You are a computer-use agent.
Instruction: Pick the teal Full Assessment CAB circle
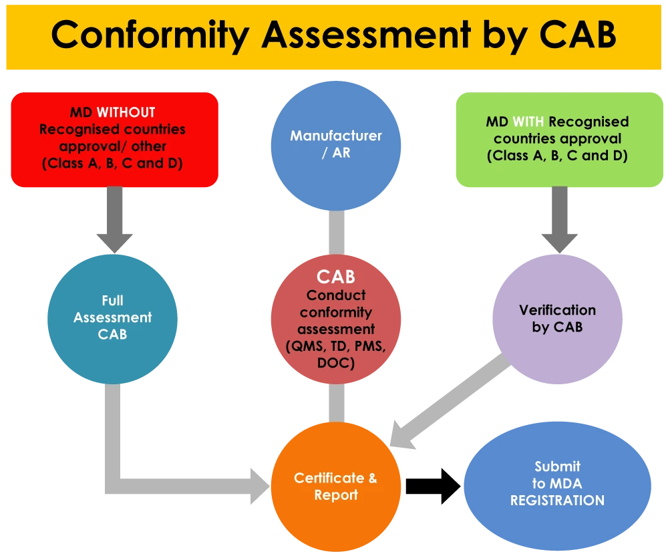point(112,317)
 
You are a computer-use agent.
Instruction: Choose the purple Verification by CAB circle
point(558,318)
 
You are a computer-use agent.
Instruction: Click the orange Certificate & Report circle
point(335,486)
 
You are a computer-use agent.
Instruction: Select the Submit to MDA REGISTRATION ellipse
point(557,483)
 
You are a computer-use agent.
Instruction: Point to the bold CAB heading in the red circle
point(336,277)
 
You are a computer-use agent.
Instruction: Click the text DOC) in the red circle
point(336,363)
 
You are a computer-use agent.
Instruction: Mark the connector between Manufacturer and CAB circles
point(336,230)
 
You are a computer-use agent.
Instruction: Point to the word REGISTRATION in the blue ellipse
point(557,501)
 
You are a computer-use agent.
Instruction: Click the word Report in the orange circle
point(336,495)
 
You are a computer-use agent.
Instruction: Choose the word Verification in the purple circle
point(558,310)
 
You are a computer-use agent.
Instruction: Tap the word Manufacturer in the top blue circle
point(336,135)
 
